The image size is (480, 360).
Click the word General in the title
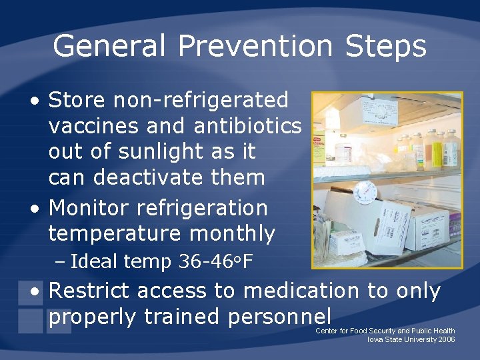click(x=109, y=47)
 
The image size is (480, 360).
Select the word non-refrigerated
click(x=201, y=100)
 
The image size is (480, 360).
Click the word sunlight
click(x=156, y=151)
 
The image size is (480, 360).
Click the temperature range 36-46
click(x=203, y=261)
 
